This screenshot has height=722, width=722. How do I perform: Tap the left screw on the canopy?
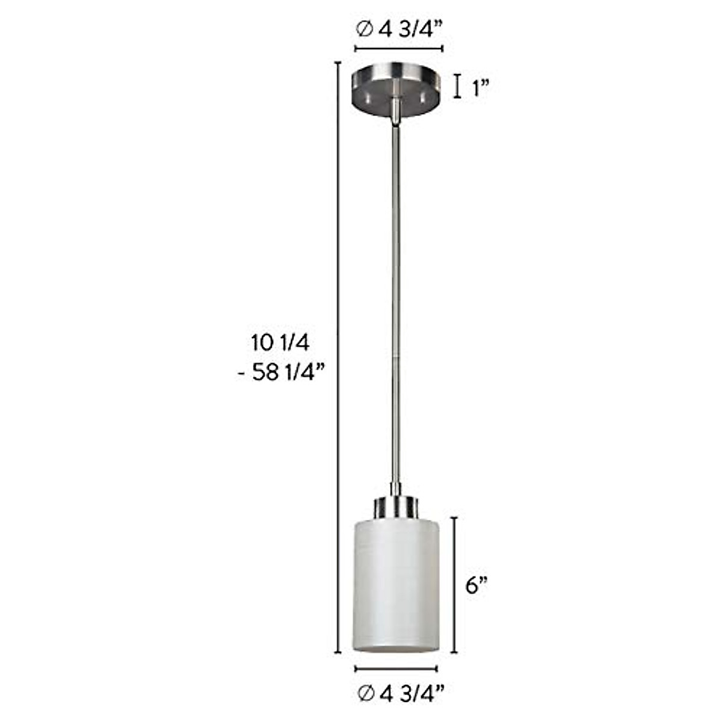click(x=366, y=94)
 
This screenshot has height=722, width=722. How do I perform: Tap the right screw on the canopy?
click(x=424, y=94)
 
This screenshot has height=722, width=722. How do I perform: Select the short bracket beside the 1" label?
click(x=457, y=85)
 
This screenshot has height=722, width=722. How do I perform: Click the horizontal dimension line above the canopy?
click(x=399, y=49)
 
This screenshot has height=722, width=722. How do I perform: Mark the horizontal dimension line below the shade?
click(x=396, y=669)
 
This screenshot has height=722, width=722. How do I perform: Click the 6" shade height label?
click(x=476, y=585)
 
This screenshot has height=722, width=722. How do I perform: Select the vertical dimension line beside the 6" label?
click(x=454, y=584)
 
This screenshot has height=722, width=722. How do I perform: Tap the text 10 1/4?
click(x=280, y=344)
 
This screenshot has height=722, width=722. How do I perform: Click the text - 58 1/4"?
click(x=281, y=373)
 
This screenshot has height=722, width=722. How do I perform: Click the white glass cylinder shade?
click(x=395, y=584)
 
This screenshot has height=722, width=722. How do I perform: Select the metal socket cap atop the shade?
click(x=395, y=508)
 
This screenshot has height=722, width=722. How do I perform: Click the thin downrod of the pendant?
click(x=395, y=301)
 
